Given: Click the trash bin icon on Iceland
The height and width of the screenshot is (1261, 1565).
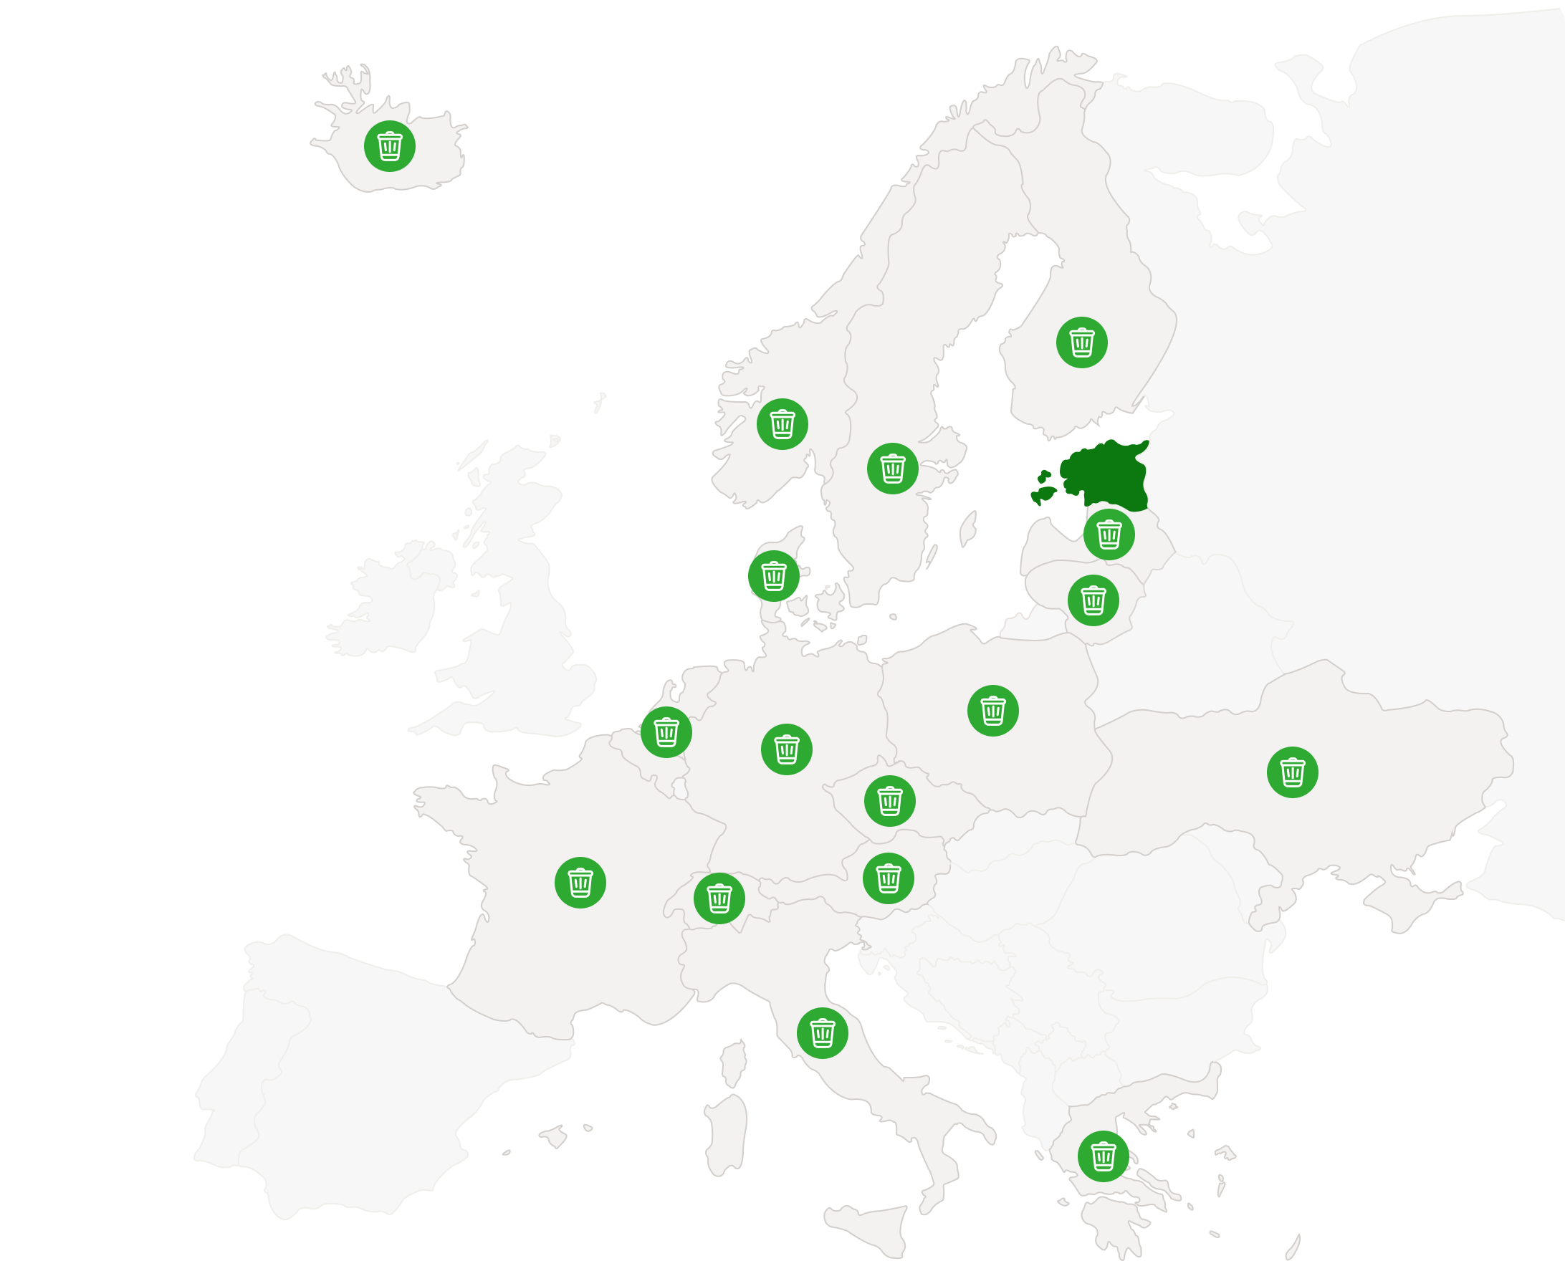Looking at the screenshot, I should tap(389, 146).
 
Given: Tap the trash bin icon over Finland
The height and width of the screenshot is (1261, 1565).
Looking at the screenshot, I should tap(1082, 342).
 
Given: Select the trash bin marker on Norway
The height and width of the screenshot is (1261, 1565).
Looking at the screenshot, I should tap(782, 424).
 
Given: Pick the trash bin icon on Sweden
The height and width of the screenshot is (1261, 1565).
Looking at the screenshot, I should tap(892, 469).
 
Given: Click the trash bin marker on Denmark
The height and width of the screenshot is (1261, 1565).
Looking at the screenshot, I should tap(773, 576).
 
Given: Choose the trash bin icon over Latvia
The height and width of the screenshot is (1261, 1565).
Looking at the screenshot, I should tap(1108, 534).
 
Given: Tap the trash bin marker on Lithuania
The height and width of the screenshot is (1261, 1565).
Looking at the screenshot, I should tap(1093, 600).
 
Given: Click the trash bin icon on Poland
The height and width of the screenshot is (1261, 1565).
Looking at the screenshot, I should tap(992, 711).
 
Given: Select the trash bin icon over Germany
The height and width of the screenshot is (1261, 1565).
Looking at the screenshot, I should tap(786, 749).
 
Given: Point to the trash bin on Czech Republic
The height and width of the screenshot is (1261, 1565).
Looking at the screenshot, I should tap(889, 800).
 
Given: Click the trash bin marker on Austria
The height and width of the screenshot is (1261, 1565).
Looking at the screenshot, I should tap(888, 878).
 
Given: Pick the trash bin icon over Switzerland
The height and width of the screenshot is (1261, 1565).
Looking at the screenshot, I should tap(719, 898).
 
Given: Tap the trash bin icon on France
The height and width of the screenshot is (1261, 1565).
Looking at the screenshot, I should tap(580, 883).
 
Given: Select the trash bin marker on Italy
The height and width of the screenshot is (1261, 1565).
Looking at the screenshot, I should tap(822, 1033).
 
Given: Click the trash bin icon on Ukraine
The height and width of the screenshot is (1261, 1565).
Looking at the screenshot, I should tap(1292, 772).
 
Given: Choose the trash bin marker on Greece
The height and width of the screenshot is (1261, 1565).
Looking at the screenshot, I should tap(1103, 1156).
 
